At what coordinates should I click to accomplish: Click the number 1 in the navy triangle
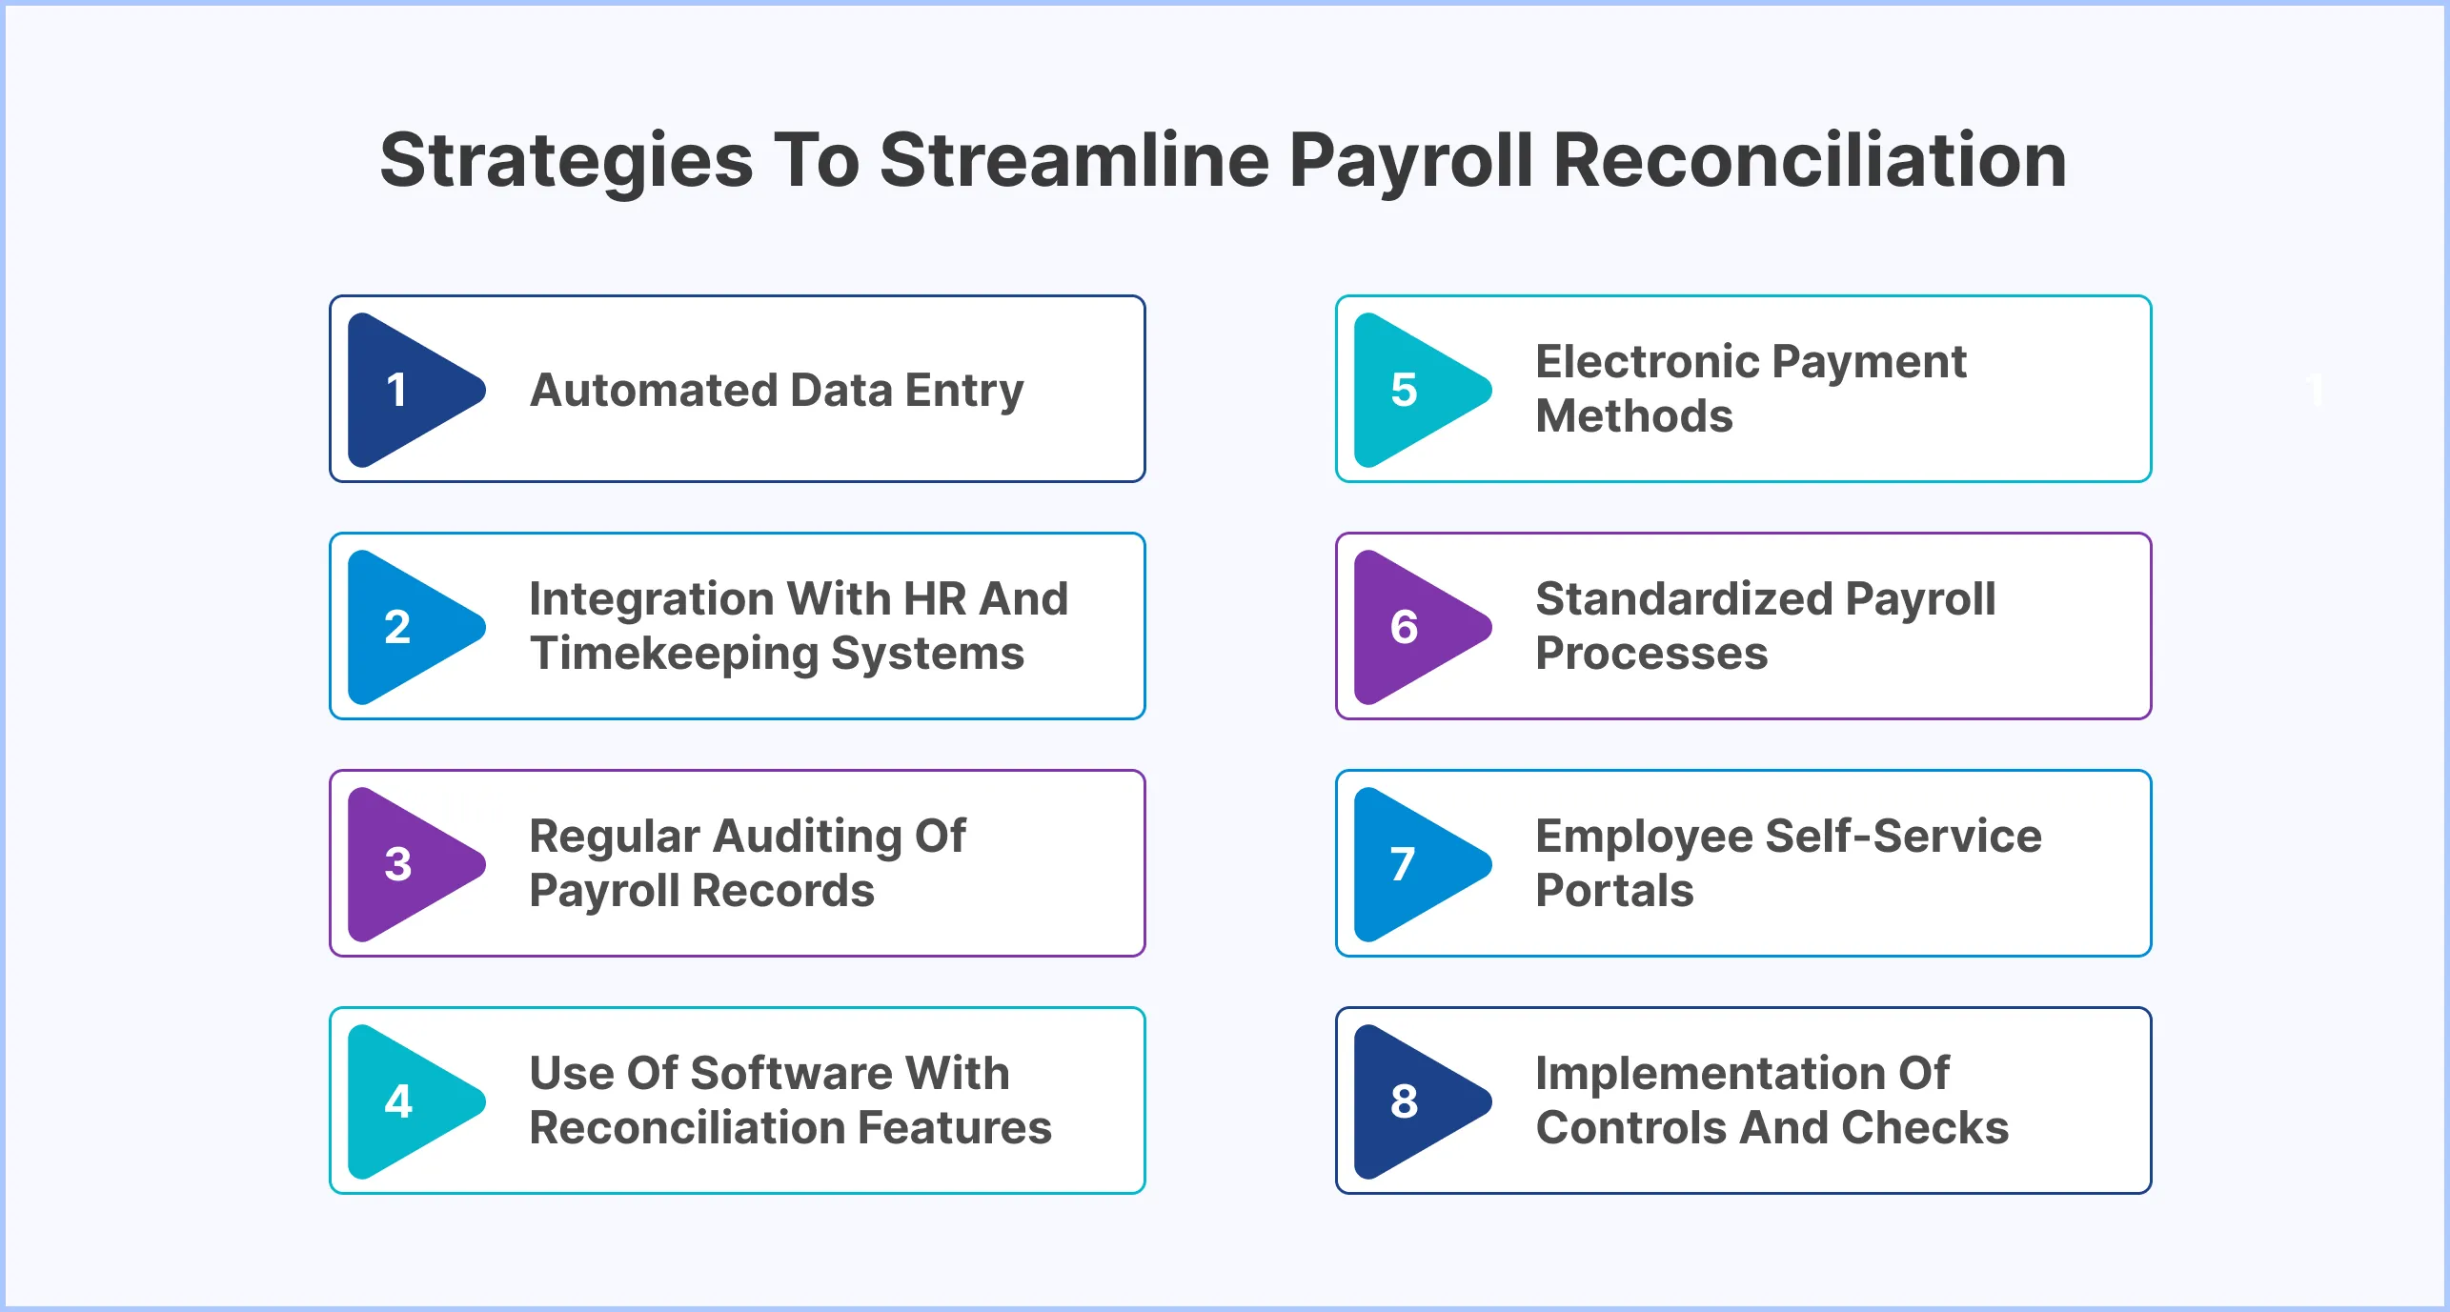[397, 390]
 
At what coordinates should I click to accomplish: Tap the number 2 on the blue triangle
[397, 627]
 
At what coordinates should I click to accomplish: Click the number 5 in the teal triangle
[1404, 390]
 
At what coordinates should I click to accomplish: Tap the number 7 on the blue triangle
[1402, 864]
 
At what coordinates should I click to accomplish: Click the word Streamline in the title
[1074, 160]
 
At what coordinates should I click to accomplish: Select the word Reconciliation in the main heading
[1810, 160]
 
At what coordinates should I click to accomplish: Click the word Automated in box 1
[653, 390]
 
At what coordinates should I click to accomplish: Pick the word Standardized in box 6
[1684, 598]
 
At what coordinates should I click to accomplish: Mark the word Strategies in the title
[566, 160]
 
